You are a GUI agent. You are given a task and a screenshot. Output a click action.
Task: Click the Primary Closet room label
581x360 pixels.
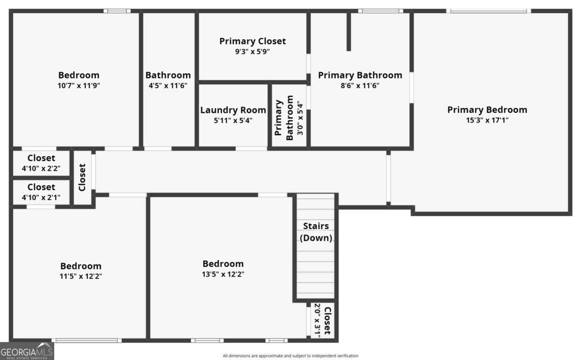tap(252, 41)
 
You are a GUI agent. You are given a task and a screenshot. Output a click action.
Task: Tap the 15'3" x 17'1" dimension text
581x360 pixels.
tap(487, 120)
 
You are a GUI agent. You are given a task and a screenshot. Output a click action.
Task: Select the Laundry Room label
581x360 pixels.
tap(233, 110)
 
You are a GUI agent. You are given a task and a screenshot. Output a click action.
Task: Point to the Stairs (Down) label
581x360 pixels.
tap(316, 232)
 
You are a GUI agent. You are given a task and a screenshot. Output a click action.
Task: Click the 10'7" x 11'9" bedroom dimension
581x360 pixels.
tap(78, 85)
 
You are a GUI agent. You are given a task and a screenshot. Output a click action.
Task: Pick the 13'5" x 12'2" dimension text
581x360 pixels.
tap(223, 274)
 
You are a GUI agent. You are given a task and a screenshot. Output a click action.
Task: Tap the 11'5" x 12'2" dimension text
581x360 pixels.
tap(81, 276)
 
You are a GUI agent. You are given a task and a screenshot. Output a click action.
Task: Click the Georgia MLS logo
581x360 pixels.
tap(27, 351)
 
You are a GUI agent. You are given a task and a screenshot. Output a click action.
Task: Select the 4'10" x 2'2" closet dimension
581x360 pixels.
tap(41, 169)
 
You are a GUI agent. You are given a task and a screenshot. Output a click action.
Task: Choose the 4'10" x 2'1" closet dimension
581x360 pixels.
tap(41, 198)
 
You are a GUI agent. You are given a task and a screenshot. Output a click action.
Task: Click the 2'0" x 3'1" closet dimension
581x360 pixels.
tap(318, 320)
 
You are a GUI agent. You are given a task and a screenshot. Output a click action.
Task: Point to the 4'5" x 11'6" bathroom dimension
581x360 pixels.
tap(168, 85)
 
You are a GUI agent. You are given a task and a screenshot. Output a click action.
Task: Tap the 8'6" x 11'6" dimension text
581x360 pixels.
tap(360, 85)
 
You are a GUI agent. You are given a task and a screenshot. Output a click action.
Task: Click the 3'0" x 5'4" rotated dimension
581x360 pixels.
tap(300, 118)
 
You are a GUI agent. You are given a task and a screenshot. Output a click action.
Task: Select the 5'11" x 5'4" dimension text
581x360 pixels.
tap(233, 121)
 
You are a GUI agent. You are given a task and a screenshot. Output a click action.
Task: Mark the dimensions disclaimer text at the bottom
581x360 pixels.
tap(290, 356)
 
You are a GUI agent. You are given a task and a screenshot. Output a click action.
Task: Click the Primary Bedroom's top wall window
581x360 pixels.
tap(489, 11)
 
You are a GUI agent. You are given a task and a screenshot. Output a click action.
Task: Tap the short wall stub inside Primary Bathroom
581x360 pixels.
tap(349, 31)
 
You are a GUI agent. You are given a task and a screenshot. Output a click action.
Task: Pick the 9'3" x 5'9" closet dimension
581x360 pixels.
tap(252, 51)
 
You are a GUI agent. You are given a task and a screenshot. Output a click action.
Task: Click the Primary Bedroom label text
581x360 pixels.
tap(487, 110)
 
